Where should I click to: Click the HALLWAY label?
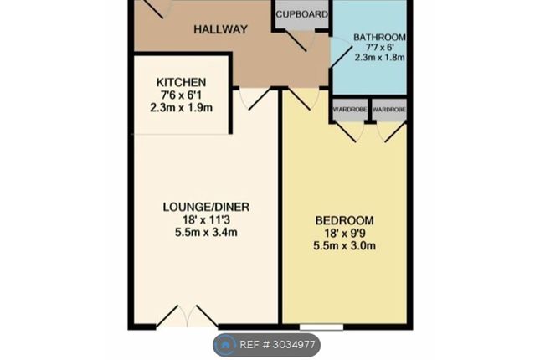(x=220, y=29)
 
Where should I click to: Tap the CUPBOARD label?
(x=301, y=14)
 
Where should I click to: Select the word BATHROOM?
(x=379, y=37)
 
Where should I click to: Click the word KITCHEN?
(x=181, y=82)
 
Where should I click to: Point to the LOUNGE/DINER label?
(x=206, y=207)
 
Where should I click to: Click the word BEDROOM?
(x=344, y=220)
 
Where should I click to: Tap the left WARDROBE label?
(x=349, y=110)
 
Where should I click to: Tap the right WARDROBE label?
(x=389, y=110)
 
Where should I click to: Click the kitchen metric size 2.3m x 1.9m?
(x=181, y=108)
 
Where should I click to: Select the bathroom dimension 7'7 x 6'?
(x=379, y=47)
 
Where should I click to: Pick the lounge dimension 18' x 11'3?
(x=206, y=220)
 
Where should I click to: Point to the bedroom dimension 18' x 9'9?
(x=344, y=234)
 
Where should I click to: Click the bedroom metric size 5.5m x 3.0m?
(x=344, y=246)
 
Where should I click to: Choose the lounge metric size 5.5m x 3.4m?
(x=206, y=232)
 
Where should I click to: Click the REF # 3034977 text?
(x=277, y=344)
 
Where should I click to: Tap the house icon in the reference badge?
(x=225, y=344)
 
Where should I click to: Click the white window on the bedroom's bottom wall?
(x=321, y=327)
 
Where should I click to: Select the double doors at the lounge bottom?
(x=187, y=316)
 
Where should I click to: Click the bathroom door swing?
(x=338, y=53)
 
